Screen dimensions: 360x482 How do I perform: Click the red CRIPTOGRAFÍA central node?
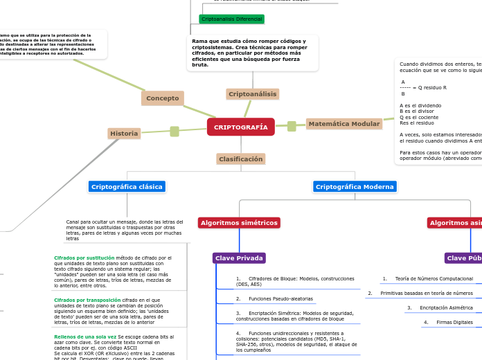click(240, 127)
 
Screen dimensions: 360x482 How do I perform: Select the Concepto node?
click(163, 98)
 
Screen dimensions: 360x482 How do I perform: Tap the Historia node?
click(124, 133)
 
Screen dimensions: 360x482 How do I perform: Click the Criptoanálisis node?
click(253, 93)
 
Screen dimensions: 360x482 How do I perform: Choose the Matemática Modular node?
click(343, 124)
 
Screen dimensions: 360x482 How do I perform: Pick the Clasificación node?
click(240, 159)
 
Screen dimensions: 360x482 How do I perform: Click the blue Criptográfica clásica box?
click(127, 186)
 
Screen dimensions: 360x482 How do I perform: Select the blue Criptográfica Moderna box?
click(355, 186)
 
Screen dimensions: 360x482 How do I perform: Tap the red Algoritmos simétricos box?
click(239, 222)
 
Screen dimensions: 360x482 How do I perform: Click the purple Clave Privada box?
click(239, 258)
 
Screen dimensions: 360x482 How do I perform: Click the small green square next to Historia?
click(175, 131)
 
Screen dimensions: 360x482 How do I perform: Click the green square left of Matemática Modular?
click(292, 126)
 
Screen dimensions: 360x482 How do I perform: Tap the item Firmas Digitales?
click(454, 322)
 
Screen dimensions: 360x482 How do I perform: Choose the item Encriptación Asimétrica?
click(446, 307)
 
